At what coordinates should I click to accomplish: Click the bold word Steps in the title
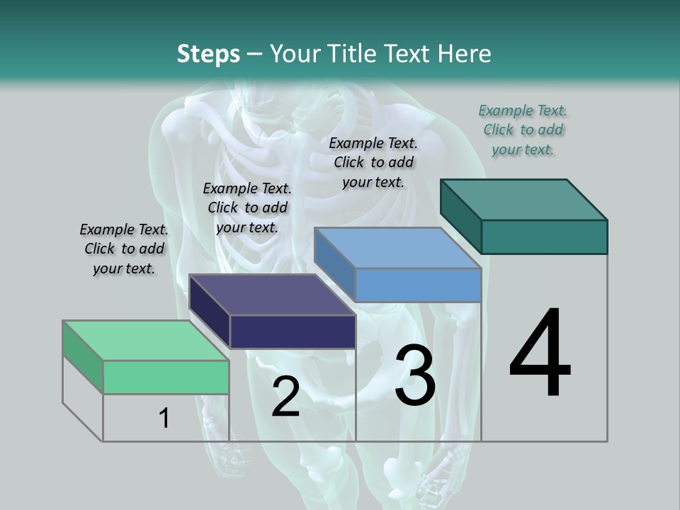(208, 54)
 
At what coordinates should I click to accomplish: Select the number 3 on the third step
(415, 375)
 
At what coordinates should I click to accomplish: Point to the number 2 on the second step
(285, 397)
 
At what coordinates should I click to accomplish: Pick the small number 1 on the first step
(164, 418)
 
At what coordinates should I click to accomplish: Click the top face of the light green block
(146, 341)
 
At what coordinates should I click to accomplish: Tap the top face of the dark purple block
(272, 295)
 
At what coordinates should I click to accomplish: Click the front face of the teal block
(544, 237)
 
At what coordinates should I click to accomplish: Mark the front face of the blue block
(418, 285)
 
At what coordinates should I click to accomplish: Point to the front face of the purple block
(293, 331)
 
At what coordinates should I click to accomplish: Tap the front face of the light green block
(166, 377)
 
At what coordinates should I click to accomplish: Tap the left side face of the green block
(83, 357)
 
